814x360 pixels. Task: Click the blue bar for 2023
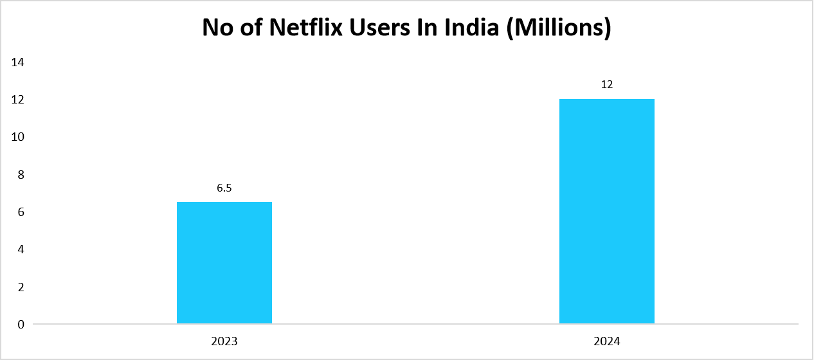point(224,262)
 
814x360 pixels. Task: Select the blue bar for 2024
point(606,211)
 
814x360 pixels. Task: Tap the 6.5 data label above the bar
point(224,189)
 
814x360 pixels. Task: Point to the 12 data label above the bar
point(606,85)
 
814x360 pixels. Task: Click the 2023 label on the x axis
point(224,341)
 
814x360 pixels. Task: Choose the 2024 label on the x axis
point(606,341)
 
